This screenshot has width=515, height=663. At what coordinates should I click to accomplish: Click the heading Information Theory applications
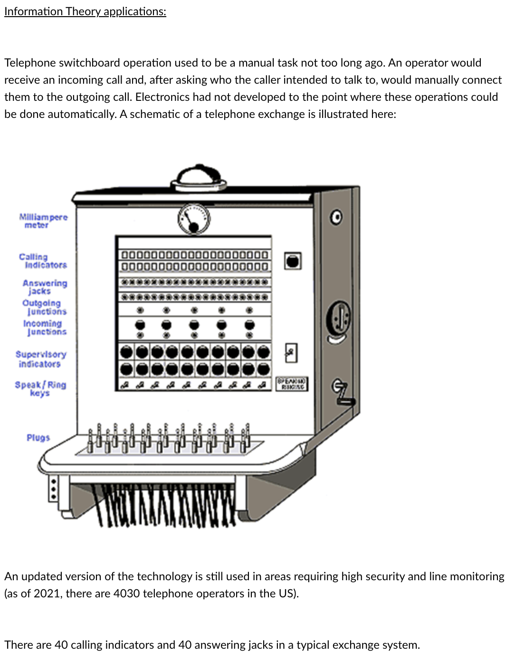(x=85, y=11)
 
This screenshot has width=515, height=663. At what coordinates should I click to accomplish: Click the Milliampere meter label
(x=43, y=221)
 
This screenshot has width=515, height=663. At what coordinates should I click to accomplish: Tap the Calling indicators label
(x=43, y=261)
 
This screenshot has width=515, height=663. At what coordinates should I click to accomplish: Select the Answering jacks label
(x=45, y=287)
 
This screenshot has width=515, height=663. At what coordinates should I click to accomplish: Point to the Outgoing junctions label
(x=44, y=307)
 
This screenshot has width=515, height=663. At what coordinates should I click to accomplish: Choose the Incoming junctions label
(x=45, y=327)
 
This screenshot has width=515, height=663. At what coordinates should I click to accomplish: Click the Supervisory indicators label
(x=41, y=359)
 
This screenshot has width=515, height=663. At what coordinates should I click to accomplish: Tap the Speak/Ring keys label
(x=40, y=388)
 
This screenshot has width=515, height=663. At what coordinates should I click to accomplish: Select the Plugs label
(x=38, y=438)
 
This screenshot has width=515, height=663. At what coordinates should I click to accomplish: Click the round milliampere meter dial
(x=194, y=219)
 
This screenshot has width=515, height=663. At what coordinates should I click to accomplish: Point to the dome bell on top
(x=199, y=177)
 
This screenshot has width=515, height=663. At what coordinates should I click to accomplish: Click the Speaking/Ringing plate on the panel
(x=292, y=384)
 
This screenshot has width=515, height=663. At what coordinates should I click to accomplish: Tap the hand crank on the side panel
(x=343, y=392)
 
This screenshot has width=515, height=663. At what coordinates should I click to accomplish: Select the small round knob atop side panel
(x=336, y=217)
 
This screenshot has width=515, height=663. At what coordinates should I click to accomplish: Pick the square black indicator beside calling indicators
(x=293, y=261)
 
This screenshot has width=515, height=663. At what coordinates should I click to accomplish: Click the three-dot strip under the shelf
(x=54, y=488)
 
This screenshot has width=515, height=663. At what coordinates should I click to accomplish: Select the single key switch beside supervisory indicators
(x=291, y=353)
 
